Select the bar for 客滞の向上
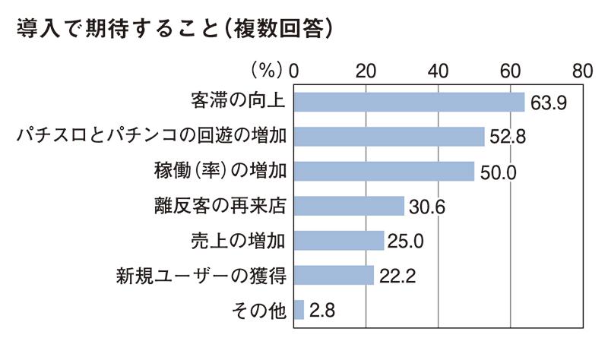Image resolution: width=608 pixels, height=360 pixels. point(409,101)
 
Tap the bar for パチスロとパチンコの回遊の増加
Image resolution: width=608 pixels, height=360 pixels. point(388,136)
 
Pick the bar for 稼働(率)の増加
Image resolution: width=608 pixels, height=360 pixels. point(384,171)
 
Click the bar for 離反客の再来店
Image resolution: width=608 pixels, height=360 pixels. point(349,206)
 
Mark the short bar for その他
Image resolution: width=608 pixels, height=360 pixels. point(299,310)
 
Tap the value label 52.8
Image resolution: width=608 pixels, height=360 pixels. point(508,137)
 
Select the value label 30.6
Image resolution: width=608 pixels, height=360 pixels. point(428,207)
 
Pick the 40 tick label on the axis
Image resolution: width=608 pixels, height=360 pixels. point(438,71)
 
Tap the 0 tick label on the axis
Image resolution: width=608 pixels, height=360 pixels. point(294,71)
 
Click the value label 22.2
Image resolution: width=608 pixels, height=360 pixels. point(398,276)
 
